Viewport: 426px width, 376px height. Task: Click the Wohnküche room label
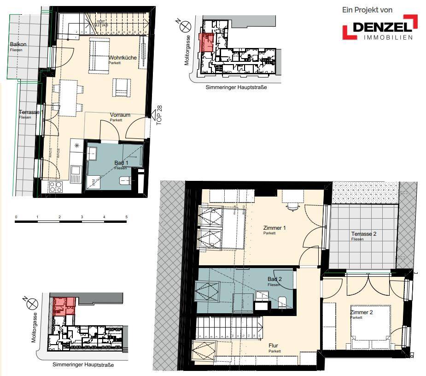[x=122, y=58]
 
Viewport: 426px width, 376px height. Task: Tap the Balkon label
[x=18, y=45]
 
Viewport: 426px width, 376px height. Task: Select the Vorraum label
[x=120, y=115]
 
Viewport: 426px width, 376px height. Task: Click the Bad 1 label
[x=122, y=163]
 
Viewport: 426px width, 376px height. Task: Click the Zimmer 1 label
[x=274, y=228]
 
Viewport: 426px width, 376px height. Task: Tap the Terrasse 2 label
[x=364, y=234]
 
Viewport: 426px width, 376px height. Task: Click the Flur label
[x=274, y=346]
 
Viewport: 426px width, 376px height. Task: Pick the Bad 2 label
[x=275, y=280]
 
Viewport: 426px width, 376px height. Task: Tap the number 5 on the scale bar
[x=126, y=216]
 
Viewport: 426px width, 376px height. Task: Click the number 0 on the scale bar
[x=16, y=216]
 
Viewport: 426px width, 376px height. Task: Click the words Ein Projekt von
[x=367, y=10]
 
